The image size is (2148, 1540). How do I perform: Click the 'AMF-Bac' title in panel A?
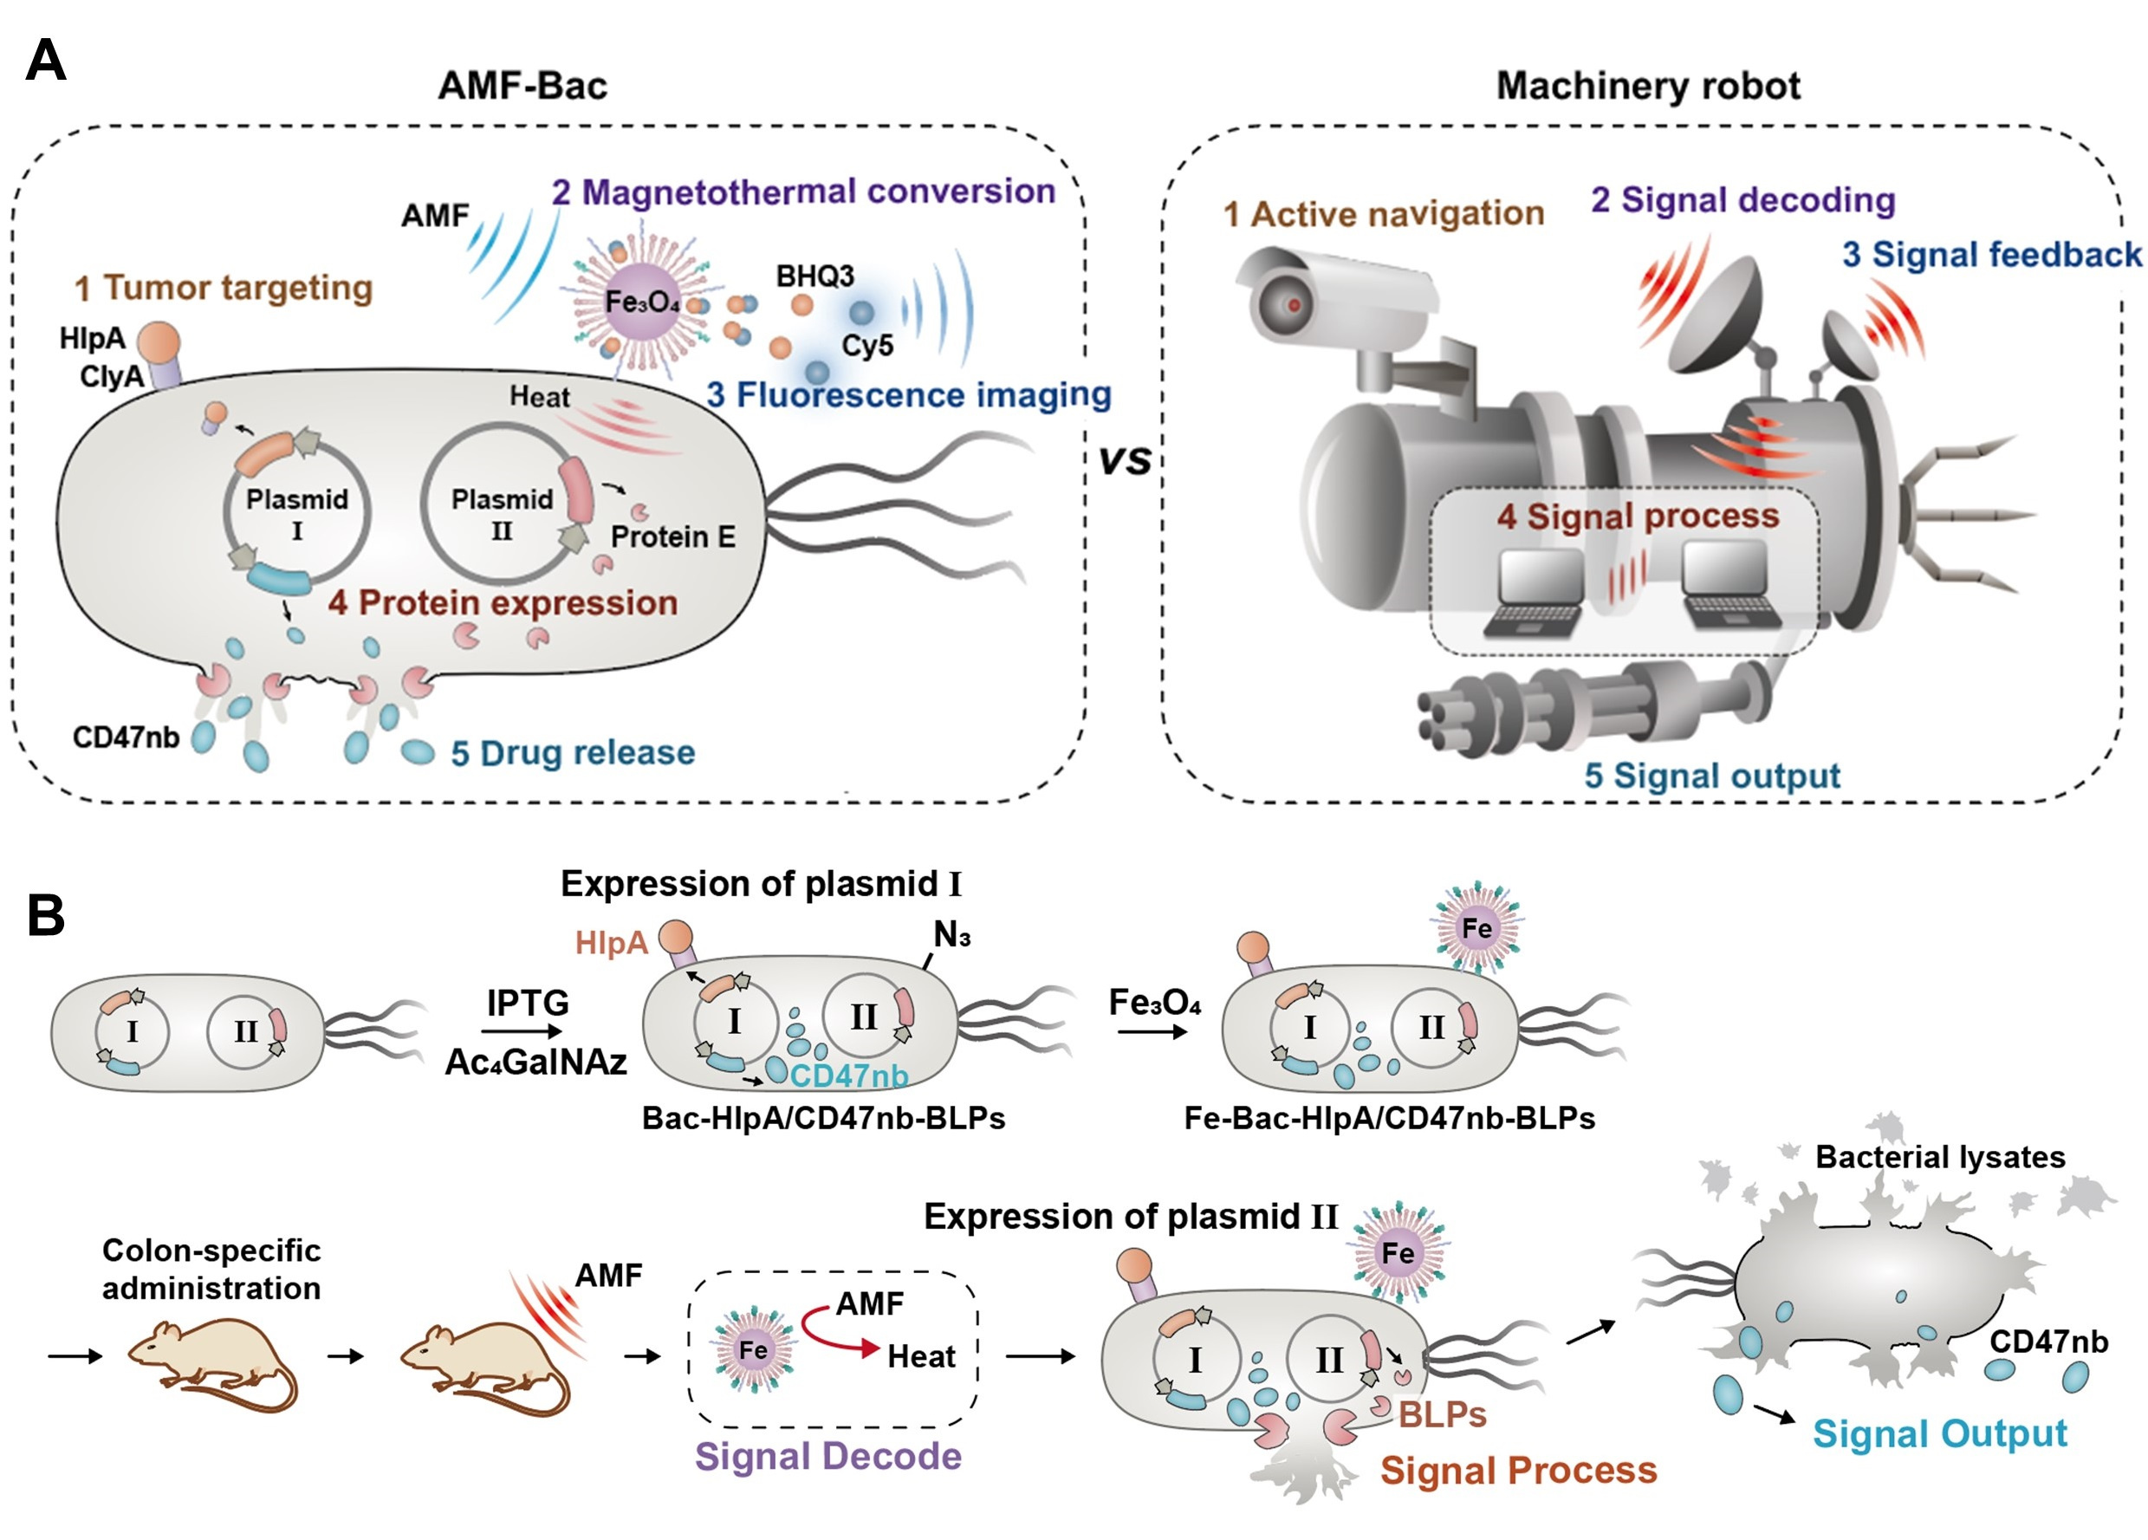point(522,86)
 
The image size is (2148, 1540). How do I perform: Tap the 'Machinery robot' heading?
point(1648,86)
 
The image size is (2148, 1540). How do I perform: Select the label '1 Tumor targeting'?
point(224,288)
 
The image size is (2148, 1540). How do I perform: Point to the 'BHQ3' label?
point(814,276)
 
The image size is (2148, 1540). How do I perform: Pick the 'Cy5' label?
point(866,346)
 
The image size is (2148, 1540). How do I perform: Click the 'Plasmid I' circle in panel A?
point(296,512)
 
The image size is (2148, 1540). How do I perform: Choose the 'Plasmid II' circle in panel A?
point(501,512)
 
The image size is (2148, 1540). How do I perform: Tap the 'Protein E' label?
point(672,537)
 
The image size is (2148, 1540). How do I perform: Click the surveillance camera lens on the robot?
point(1293,305)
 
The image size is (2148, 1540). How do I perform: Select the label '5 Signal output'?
point(1711,776)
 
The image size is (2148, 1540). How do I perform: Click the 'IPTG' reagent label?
point(528,1003)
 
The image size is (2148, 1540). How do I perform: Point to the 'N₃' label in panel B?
point(951,936)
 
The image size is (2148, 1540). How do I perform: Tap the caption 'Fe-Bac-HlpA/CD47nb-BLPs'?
point(1389,1119)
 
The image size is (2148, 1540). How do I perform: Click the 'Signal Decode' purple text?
point(827,1457)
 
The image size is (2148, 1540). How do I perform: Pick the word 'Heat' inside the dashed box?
point(920,1357)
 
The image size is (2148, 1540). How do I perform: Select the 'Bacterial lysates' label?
point(1940,1157)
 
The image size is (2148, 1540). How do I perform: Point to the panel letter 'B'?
point(45,916)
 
